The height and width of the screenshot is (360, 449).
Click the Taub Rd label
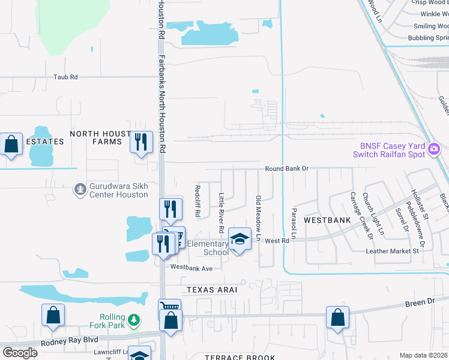[66, 77]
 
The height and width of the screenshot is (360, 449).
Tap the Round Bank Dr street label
[286, 169]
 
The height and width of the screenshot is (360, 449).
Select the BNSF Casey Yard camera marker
[435, 149]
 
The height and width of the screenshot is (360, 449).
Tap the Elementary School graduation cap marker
[240, 239]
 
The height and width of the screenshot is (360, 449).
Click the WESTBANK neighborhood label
[327, 220]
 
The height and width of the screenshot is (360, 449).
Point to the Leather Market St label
[392, 251]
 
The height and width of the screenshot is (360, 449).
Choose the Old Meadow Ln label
[259, 218]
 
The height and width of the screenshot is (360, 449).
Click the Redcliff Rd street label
[197, 200]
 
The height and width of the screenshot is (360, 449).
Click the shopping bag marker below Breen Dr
[338, 319]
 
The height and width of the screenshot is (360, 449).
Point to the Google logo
[20, 353]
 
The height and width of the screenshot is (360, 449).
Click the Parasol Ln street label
[294, 221]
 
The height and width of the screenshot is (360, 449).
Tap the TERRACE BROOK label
[240, 357]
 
